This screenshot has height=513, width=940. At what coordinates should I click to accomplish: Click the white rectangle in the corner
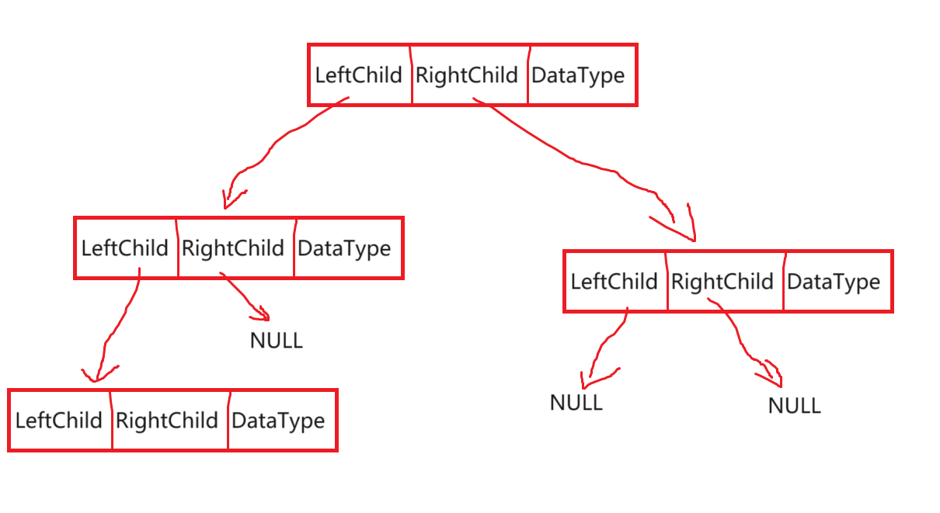[82, 71]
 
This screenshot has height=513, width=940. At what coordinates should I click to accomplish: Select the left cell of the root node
[360, 74]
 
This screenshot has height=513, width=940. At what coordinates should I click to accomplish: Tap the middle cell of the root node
[469, 74]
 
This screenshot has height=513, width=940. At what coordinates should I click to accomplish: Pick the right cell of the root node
[582, 74]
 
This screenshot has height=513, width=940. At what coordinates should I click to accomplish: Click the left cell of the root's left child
[126, 247]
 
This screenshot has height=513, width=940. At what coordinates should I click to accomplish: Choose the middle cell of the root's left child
[236, 247]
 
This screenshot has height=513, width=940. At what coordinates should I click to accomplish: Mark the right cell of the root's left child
[348, 247]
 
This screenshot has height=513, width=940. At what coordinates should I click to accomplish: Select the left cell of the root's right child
[614, 280]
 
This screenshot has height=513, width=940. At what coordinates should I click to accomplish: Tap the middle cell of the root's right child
[725, 280]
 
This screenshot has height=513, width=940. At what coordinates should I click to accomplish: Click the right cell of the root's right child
[837, 280]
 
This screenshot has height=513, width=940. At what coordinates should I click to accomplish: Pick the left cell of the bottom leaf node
[60, 419]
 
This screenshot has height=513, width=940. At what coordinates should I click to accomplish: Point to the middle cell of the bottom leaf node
[170, 419]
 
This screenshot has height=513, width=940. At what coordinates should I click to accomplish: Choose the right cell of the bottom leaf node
[282, 419]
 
